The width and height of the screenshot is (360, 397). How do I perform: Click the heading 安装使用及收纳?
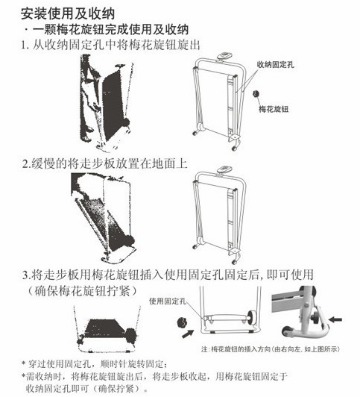(x=68, y=13)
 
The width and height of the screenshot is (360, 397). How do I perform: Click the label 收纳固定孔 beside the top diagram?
(x=275, y=65)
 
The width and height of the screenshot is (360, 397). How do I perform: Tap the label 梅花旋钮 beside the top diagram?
(x=274, y=109)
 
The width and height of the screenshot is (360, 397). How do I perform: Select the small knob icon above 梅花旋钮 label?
(x=256, y=93)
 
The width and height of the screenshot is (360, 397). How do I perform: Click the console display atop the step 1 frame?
(x=223, y=56)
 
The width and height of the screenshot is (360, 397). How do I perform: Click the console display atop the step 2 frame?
(x=223, y=169)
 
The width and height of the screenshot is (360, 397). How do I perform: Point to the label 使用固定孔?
(x=168, y=301)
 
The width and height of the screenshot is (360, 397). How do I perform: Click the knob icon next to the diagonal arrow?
(x=183, y=323)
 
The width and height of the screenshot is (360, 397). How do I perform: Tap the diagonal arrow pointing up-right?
(x=188, y=334)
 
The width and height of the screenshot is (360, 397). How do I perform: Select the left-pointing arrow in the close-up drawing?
(x=335, y=320)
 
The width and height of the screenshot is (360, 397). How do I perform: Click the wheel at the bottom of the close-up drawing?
(x=286, y=331)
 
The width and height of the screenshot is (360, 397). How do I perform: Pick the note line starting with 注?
(x=271, y=349)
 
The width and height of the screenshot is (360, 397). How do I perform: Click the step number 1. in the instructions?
(x=25, y=46)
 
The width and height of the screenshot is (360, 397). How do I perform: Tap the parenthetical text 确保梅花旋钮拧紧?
(x=82, y=291)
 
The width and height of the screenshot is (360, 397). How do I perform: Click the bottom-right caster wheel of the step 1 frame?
(x=235, y=148)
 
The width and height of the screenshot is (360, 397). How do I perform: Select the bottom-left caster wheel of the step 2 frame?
(x=195, y=246)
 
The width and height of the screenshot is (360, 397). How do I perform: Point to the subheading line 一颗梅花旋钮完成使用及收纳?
(x=111, y=30)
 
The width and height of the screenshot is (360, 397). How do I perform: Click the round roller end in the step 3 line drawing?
(x=252, y=318)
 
